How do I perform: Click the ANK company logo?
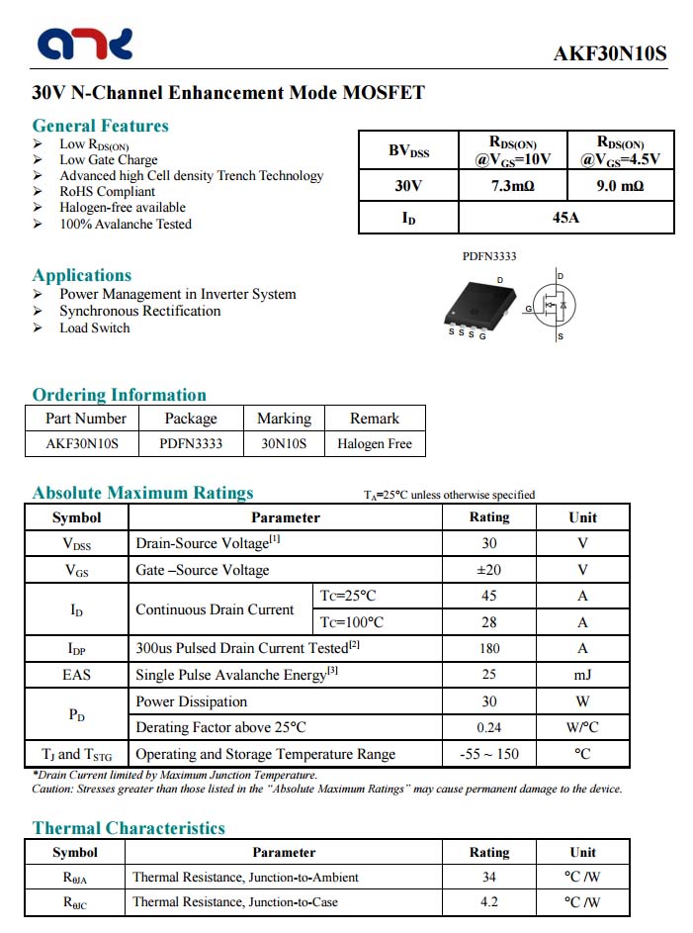[85, 44]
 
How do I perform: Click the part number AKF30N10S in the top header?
[609, 54]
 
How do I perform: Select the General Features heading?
[100, 126]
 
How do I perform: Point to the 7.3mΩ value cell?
[513, 186]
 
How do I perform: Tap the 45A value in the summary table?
[566, 217]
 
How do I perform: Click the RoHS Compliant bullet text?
[107, 192]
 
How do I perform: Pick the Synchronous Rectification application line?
[139, 311]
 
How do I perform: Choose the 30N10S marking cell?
[284, 443]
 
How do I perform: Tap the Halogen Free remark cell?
[375, 443]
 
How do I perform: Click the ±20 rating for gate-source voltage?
[489, 570]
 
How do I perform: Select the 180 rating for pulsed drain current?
[489, 648]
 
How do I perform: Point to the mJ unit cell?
[582, 675]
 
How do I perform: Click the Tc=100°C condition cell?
[351, 622]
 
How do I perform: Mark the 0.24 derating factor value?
[489, 727]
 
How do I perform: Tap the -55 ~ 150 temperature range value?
[489, 754]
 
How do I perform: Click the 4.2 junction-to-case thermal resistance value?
[489, 901]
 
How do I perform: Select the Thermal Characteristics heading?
[129, 828]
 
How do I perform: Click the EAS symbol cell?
[76, 675]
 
